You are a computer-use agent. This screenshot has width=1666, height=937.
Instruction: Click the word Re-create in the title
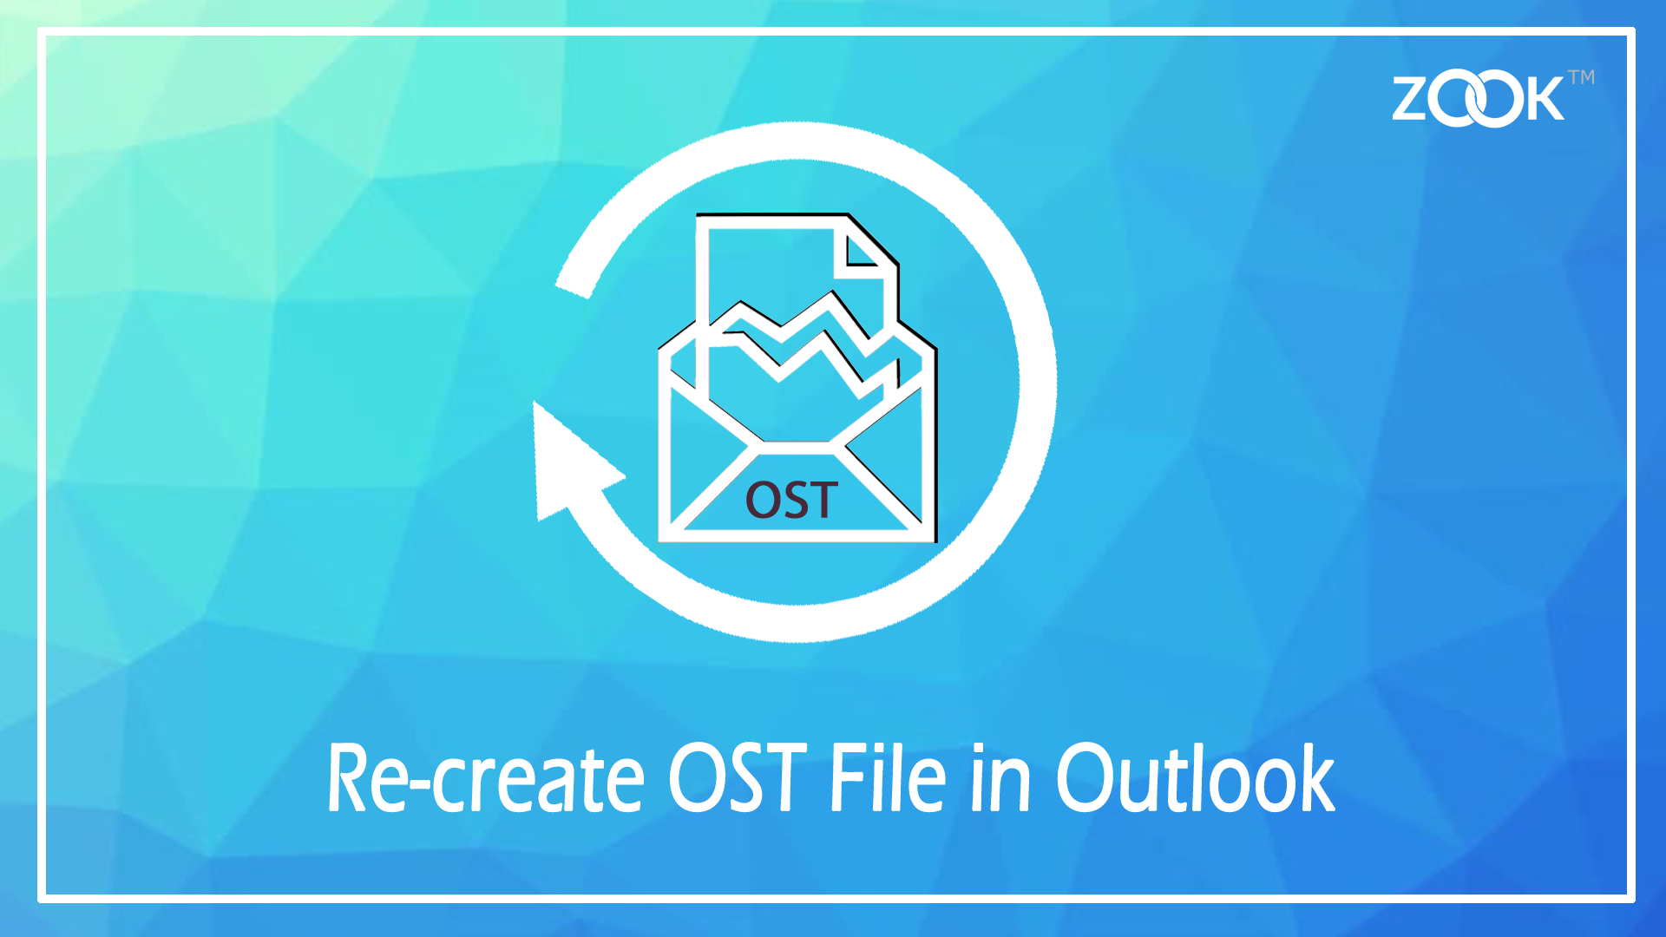click(484, 778)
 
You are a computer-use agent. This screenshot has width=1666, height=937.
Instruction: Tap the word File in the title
click(887, 778)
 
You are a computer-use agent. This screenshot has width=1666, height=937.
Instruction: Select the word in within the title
click(1000, 778)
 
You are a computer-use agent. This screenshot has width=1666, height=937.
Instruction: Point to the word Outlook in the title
click(1195, 778)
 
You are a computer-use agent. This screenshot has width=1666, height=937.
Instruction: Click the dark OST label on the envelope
click(791, 501)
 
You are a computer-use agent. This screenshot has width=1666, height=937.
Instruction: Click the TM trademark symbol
click(1581, 77)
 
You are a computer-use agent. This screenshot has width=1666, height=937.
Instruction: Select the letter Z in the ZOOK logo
click(1413, 99)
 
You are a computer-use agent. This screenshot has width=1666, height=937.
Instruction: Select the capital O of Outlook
click(1084, 778)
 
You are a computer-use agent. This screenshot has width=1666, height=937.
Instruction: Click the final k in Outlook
click(1312, 778)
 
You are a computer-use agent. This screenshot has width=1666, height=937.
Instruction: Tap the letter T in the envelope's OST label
click(821, 501)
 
